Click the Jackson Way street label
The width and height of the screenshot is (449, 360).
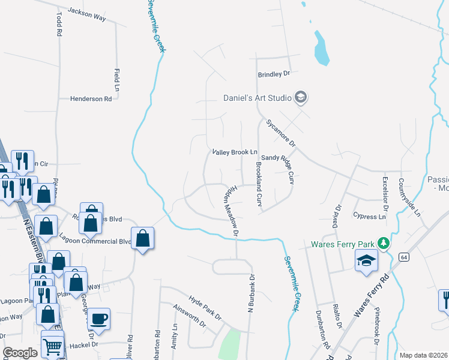click(86, 15)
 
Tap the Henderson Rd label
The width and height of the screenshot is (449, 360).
click(91, 99)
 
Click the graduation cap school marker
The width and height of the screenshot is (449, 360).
click(366, 261)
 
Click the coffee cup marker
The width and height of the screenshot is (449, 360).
click(99, 319)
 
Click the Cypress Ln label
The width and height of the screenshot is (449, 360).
click(370, 216)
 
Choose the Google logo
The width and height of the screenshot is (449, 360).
click(20, 353)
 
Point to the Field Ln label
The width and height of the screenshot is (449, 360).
click(117, 80)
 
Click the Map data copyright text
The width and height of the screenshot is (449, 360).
click(423, 355)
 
